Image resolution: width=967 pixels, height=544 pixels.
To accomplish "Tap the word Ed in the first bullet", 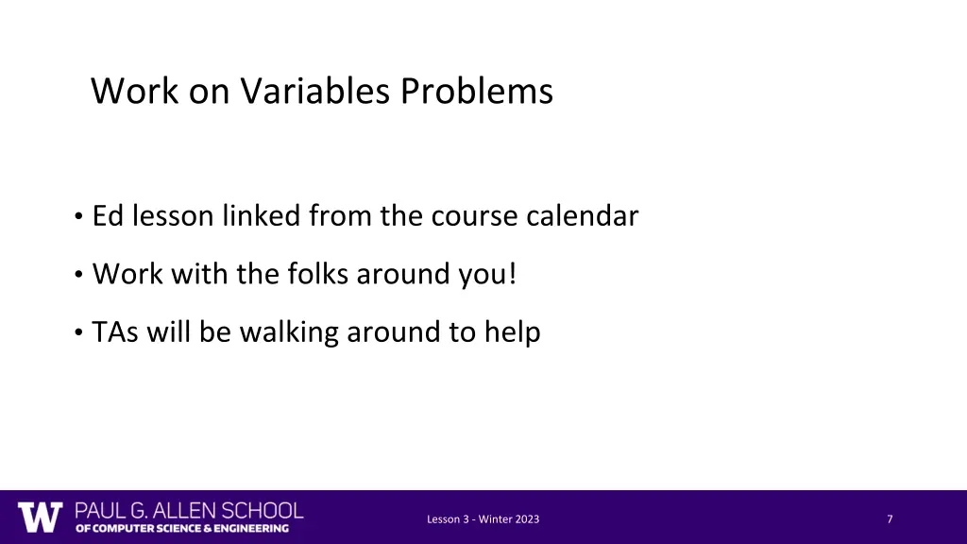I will (108, 217).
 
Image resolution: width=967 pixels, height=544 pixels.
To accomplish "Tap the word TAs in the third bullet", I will (113, 332).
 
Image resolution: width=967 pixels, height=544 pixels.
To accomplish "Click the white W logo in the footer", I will (41, 517).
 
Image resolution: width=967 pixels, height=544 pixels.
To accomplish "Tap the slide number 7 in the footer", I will (890, 518).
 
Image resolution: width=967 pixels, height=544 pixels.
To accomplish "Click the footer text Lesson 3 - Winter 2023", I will (483, 518).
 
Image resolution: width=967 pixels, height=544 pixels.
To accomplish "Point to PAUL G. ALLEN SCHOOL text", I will (189, 510).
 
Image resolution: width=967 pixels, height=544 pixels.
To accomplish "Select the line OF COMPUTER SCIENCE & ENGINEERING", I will (182, 529).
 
